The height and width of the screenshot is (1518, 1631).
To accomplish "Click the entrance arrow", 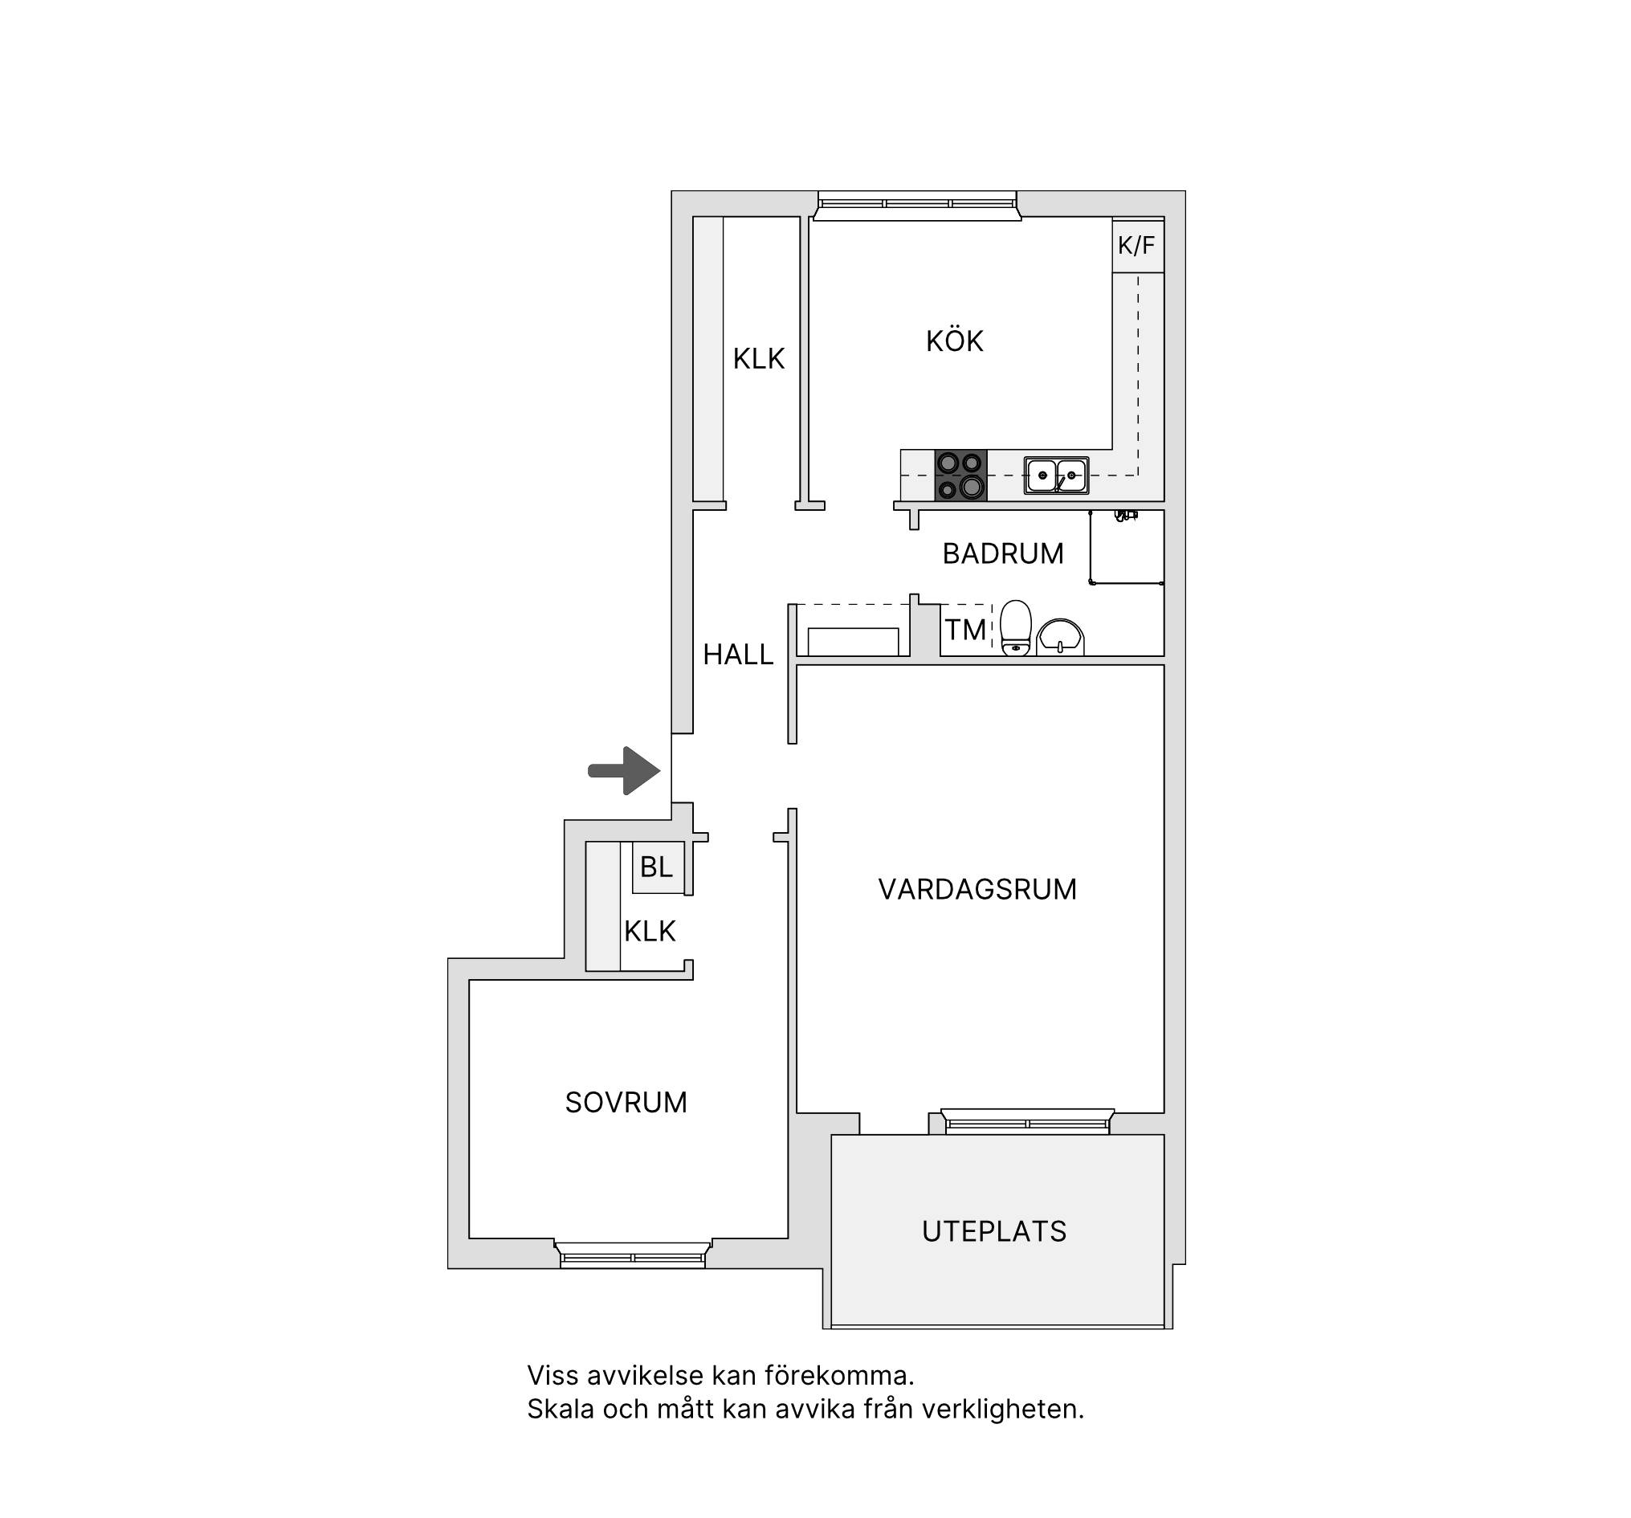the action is tap(624, 770).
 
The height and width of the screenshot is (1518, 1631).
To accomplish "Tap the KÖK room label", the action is tap(954, 341).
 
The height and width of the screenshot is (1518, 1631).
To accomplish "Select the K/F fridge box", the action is tap(1137, 244).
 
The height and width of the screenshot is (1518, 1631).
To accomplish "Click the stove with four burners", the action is tap(960, 475).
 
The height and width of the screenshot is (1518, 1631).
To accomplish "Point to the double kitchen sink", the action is tap(1056, 475).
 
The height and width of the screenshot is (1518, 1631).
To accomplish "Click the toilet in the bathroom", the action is tap(1016, 628).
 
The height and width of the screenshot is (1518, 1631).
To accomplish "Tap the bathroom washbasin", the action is tap(1060, 638).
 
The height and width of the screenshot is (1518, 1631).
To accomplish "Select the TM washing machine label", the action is tap(964, 630).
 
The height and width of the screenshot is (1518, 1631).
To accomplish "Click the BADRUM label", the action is tap(1002, 554).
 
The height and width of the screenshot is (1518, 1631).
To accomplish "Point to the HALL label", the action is tap(738, 654).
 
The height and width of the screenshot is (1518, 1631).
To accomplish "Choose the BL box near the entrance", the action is tap(657, 867).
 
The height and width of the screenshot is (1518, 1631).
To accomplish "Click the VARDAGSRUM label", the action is tap(977, 889).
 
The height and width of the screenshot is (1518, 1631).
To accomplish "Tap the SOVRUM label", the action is tap(626, 1102).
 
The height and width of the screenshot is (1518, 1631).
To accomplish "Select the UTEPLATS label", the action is tap(994, 1230).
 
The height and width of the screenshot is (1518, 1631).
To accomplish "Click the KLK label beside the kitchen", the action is tap(759, 358).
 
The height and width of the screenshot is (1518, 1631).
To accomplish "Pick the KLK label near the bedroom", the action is tap(650, 932).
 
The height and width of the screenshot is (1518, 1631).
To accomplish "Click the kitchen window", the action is tap(917, 205).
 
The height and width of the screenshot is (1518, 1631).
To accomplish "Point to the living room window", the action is tap(1027, 1121).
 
